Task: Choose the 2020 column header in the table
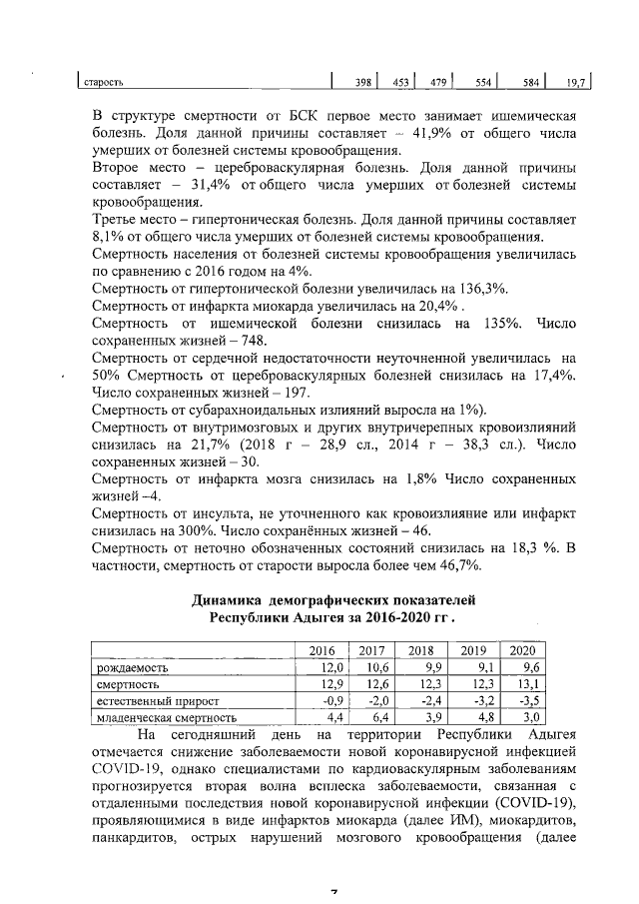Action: pyautogui.click(x=522, y=649)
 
